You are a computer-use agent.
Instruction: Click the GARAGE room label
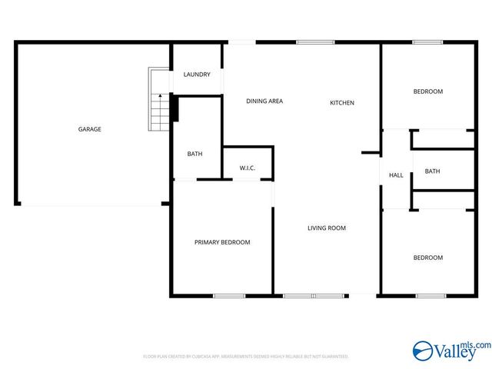point(89,129)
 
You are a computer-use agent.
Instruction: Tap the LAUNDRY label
point(197,75)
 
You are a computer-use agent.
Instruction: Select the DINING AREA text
point(264,101)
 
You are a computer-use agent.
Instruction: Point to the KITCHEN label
point(342,103)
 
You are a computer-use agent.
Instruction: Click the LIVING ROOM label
point(327,228)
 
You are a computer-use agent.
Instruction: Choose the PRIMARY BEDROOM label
point(222,242)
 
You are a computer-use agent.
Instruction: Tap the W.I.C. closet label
point(248,168)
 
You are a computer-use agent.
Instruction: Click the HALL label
point(396,175)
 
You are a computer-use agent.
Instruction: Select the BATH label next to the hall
point(433,171)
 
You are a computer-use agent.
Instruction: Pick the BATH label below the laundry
point(195,154)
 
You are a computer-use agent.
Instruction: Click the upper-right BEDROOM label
point(428,91)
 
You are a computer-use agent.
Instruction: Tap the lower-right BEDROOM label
point(428,258)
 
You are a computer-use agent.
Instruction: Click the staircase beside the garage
point(159,100)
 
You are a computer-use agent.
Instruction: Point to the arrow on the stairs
point(159,96)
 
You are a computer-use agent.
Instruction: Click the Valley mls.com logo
point(451,351)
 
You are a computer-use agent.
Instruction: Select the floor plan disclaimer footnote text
point(246,357)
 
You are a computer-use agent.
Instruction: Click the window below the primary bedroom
point(229,296)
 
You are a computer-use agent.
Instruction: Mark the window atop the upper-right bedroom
point(428,42)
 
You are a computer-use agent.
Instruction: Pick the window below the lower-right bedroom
point(431,296)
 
